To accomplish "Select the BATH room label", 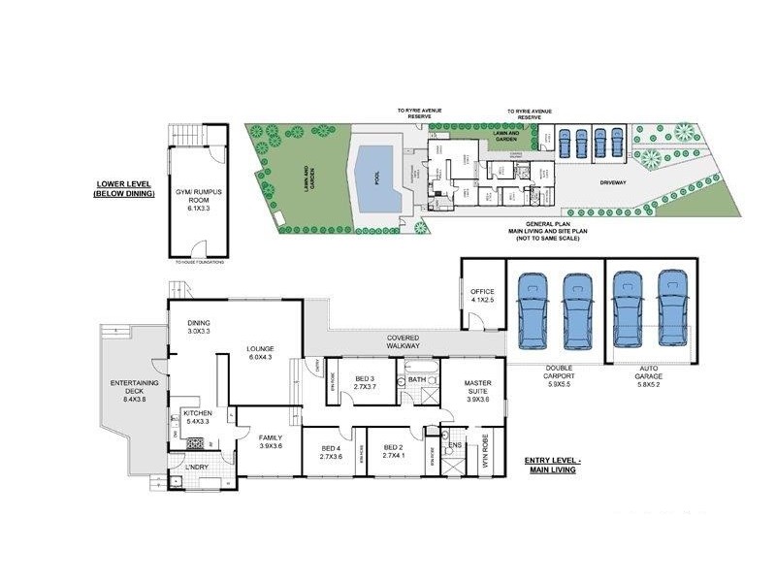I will [417, 379].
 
